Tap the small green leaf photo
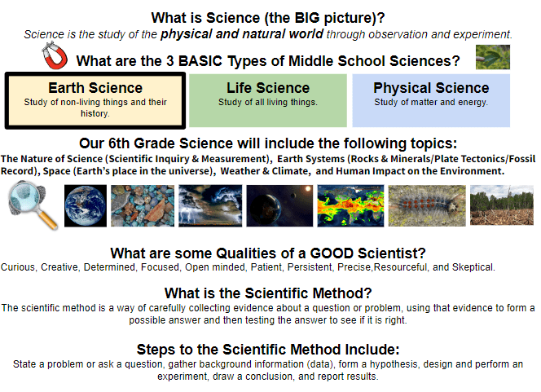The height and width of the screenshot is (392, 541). pos(492,57)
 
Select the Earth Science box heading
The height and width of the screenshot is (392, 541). pos(95,88)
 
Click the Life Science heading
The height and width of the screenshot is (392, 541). pos(268,88)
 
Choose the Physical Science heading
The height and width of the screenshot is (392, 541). pos(431,88)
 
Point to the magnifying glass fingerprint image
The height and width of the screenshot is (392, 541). pos(33,205)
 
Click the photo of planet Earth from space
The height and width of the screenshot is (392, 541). pos(86,205)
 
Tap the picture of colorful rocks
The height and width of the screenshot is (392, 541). pos(143,205)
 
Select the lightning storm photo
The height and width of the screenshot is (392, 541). pos(210,205)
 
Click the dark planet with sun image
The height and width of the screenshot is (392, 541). pos(279,205)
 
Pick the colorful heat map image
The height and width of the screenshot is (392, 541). pos(350,205)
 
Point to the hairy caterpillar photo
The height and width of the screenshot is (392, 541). pos(427,205)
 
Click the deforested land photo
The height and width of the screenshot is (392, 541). pos(502,205)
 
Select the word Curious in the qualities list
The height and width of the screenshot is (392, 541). pos(18,267)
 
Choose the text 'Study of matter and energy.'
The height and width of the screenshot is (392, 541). pos(431,102)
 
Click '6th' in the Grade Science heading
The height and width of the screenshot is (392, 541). pos(119,143)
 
